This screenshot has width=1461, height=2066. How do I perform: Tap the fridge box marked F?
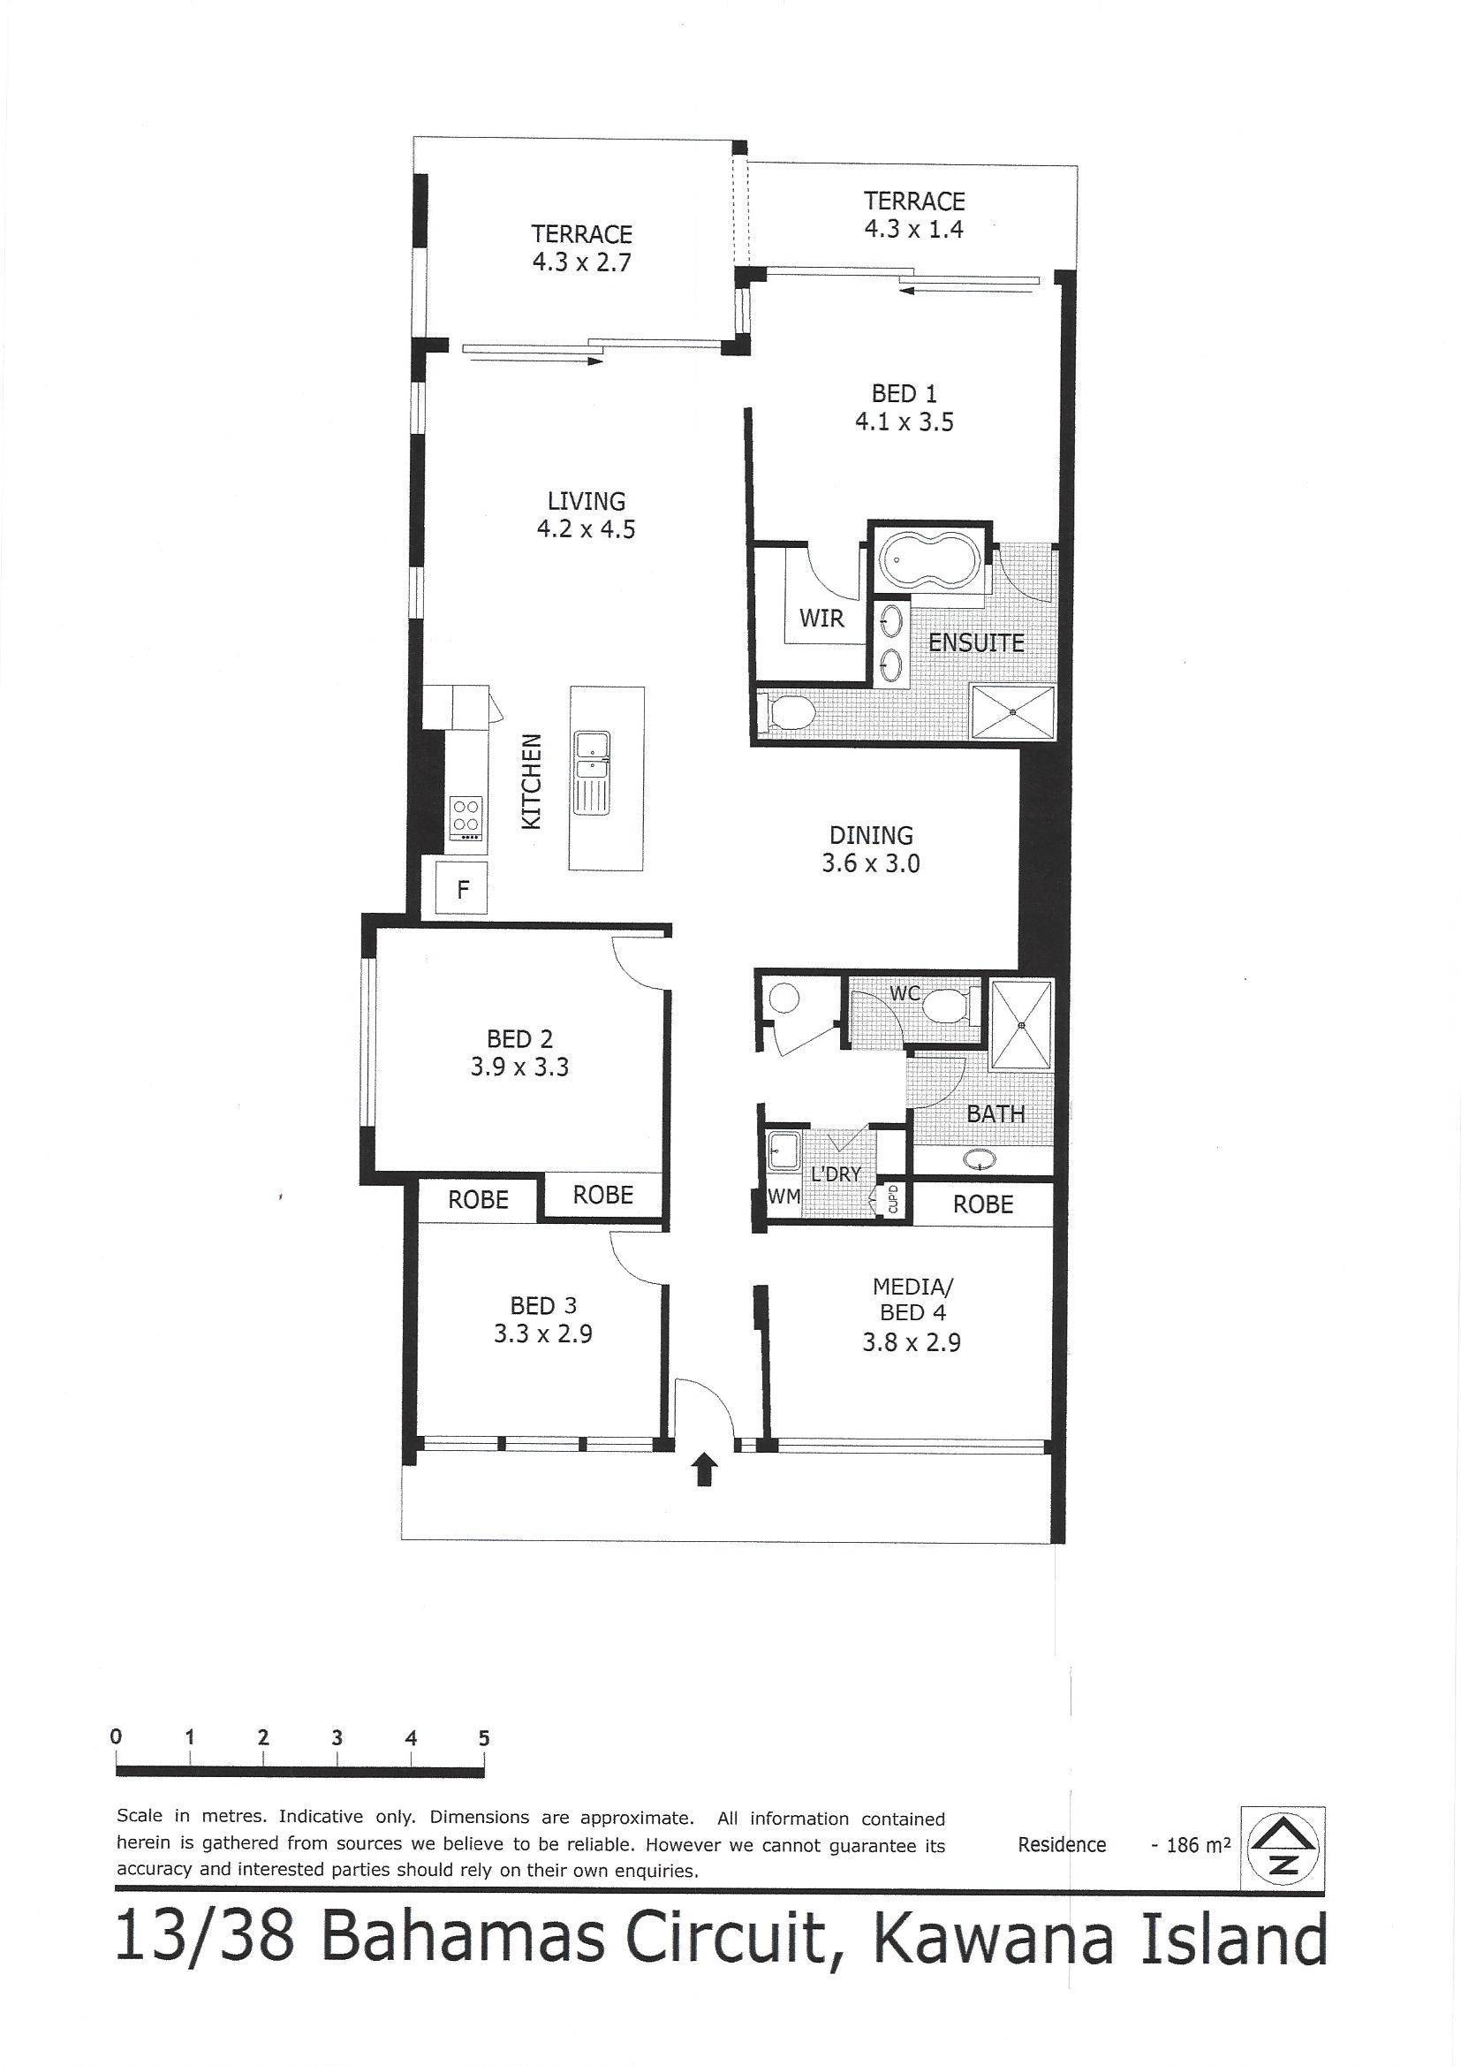(462, 890)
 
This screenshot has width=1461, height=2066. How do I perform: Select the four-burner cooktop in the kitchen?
(466, 818)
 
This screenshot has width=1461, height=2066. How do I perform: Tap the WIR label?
(821, 619)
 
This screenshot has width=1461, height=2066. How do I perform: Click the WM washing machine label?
(783, 1197)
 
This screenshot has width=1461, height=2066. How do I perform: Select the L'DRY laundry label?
(836, 1174)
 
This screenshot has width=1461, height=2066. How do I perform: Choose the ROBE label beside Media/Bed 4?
(983, 1204)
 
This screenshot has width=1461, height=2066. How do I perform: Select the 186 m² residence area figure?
(1191, 1845)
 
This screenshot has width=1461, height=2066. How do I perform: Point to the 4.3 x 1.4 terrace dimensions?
(914, 229)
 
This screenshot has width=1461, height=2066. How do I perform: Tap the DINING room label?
(871, 835)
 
